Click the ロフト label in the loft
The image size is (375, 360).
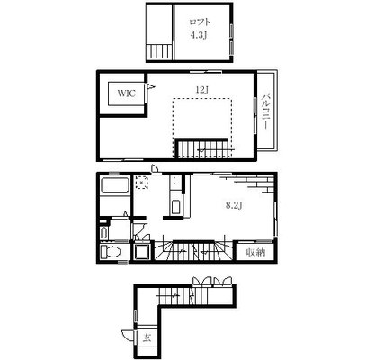[x=200, y=22]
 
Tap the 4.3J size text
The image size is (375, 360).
[x=199, y=35]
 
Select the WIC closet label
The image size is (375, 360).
[x=126, y=93]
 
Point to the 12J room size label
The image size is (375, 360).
[x=201, y=89]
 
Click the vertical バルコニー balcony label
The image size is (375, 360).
[x=266, y=112]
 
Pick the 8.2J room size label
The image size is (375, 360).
[x=234, y=205]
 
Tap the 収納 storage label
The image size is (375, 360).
[x=255, y=252]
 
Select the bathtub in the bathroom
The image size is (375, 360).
[x=115, y=185]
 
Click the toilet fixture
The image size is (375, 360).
[x=111, y=251]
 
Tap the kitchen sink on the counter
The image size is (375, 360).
[x=175, y=207]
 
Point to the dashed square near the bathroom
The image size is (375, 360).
[x=141, y=183]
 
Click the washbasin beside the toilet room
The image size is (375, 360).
[x=104, y=233]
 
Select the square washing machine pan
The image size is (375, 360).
[x=142, y=251]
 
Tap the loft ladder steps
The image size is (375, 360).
[x=160, y=51]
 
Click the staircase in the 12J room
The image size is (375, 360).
[x=202, y=148]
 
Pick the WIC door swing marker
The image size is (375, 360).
[x=150, y=87]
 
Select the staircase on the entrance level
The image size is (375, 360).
[x=174, y=296]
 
